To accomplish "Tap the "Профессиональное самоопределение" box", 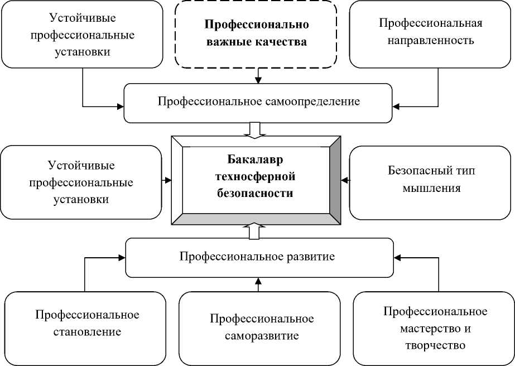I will tap(258, 102).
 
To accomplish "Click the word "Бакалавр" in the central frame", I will tap(256, 161).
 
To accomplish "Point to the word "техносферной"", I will tap(256, 177).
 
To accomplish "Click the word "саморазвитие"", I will tap(262, 336).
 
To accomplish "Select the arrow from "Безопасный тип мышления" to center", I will tap(345, 180).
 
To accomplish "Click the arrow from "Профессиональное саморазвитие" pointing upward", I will tap(258, 284).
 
